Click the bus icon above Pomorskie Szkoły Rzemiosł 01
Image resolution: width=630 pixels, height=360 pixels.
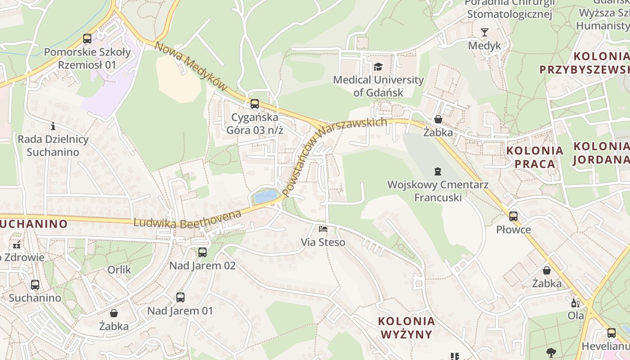87,39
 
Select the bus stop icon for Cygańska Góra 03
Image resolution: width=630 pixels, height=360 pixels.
255,104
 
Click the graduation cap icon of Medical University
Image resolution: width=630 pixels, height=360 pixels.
378,67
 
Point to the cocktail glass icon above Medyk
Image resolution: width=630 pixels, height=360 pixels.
484,32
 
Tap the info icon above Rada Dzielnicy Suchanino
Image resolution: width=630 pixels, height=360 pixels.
53,126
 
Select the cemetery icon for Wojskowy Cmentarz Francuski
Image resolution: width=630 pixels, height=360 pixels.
437,171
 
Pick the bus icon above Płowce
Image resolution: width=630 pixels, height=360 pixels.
513,216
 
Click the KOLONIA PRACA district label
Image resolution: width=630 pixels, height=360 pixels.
535,157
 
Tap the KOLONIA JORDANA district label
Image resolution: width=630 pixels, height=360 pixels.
601,153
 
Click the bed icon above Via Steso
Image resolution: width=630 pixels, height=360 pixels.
323,229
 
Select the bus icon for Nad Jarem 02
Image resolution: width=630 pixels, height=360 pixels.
202,252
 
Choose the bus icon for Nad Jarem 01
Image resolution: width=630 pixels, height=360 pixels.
180,297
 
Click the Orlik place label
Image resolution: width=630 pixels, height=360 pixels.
119,270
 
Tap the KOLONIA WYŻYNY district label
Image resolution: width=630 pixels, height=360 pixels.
407,328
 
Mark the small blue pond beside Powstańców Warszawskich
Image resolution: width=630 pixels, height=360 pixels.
266,196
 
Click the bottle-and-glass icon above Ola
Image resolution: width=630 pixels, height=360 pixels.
574,303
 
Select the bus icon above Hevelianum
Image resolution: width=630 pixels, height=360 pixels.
611,333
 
